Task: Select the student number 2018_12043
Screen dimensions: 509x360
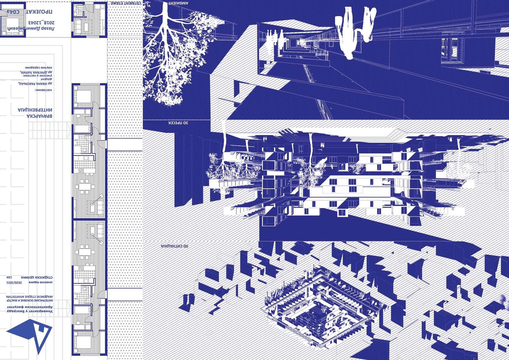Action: tap(41, 22)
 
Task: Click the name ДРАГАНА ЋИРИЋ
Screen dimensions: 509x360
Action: tap(38, 71)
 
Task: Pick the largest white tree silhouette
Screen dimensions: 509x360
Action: tap(174, 55)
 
